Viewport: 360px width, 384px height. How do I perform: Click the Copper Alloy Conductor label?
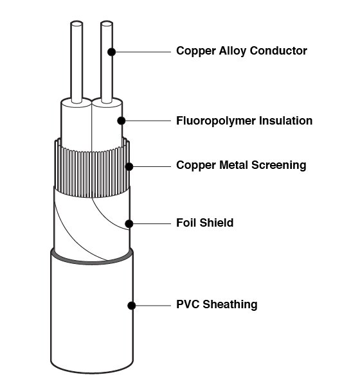point(242,51)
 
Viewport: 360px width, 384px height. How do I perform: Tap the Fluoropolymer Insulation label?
point(244,121)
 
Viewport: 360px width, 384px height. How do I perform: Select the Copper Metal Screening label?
point(241,165)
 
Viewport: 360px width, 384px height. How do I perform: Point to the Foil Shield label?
point(205,223)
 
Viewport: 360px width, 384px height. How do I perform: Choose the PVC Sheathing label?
point(217,304)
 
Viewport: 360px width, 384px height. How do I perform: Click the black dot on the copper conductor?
point(112,52)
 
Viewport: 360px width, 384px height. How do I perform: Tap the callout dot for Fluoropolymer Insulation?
point(121,121)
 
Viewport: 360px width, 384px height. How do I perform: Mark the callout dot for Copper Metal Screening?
point(129,167)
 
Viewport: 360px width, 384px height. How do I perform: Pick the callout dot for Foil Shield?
point(129,224)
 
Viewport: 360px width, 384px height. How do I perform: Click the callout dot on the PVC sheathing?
point(132,306)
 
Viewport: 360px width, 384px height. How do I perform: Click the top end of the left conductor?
point(76,23)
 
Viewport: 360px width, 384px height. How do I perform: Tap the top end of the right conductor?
point(107,23)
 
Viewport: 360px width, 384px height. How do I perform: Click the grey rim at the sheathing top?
point(92,262)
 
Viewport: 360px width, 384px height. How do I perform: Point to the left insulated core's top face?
point(76,103)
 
